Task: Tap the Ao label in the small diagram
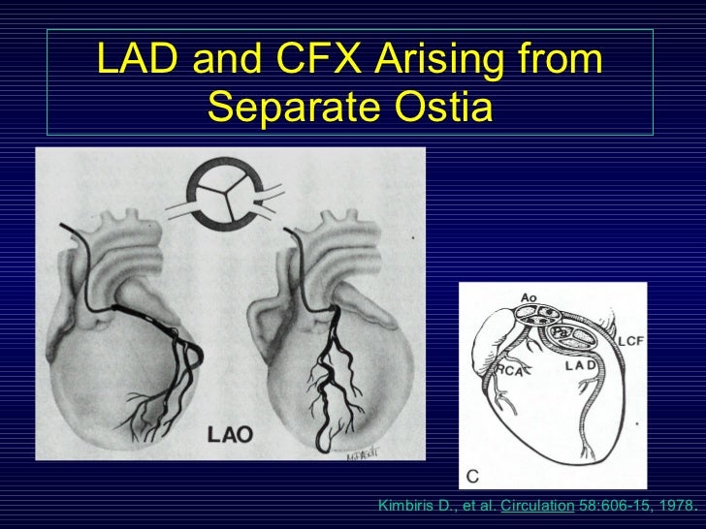(529, 297)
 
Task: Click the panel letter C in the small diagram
(474, 475)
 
